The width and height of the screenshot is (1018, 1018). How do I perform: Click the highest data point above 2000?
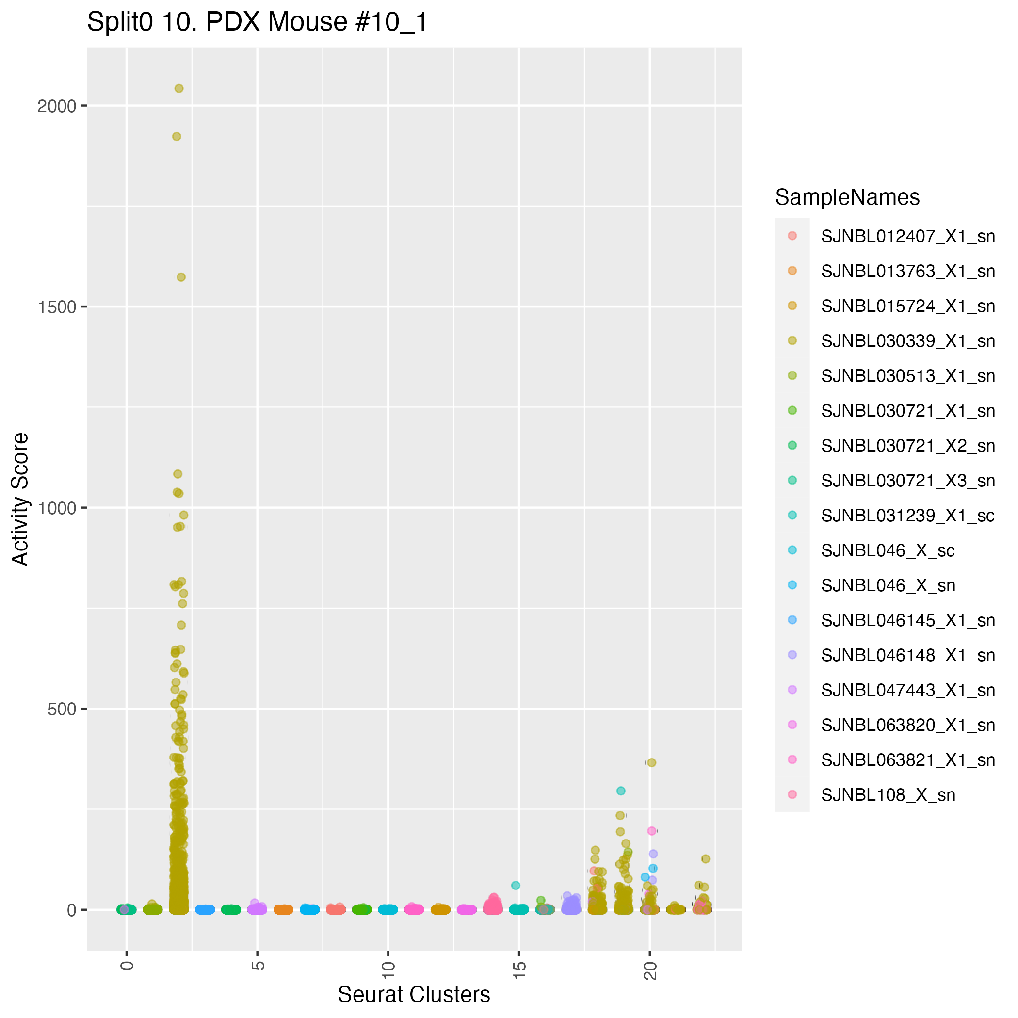coord(178,89)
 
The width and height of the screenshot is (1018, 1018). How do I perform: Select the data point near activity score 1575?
coord(181,277)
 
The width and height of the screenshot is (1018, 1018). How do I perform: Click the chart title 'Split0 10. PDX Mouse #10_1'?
coord(257,23)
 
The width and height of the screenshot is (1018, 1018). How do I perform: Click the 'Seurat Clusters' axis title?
coord(414,995)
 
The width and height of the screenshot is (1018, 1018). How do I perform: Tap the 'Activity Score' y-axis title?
coord(20,499)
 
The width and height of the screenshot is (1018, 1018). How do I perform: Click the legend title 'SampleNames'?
coord(847,197)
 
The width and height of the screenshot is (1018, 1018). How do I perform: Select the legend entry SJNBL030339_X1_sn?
coord(907,341)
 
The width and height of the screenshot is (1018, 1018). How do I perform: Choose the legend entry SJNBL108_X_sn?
coord(888,795)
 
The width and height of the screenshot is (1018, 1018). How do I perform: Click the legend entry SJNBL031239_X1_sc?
coord(907,516)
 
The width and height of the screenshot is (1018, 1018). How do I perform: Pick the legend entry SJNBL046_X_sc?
coord(888,550)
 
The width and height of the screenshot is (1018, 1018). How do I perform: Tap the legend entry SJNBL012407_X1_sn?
coord(907,237)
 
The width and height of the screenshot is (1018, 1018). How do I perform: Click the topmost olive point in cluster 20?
coord(651,762)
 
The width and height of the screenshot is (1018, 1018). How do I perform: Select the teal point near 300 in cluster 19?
coord(621,791)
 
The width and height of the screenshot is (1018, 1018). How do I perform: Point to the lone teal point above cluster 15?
coord(516,885)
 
